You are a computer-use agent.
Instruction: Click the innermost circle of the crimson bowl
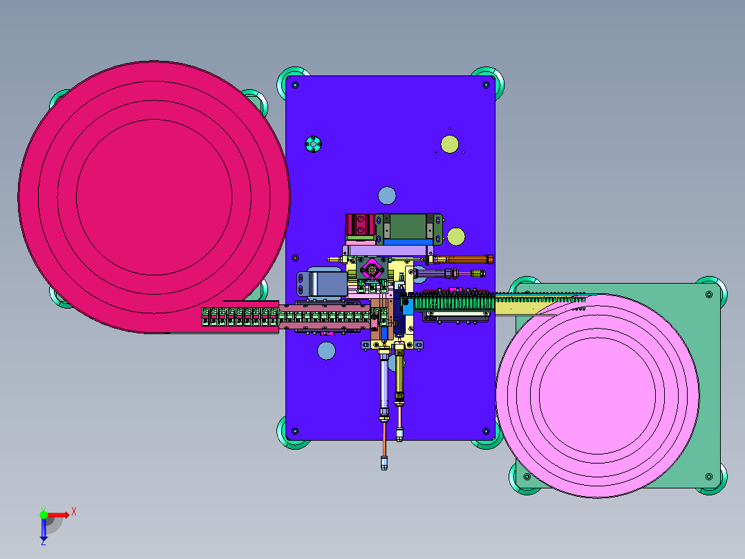click(154, 197)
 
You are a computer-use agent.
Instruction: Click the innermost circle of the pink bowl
click(597, 395)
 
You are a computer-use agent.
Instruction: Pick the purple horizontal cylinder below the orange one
click(436, 273)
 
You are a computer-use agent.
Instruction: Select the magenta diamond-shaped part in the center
click(372, 271)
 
